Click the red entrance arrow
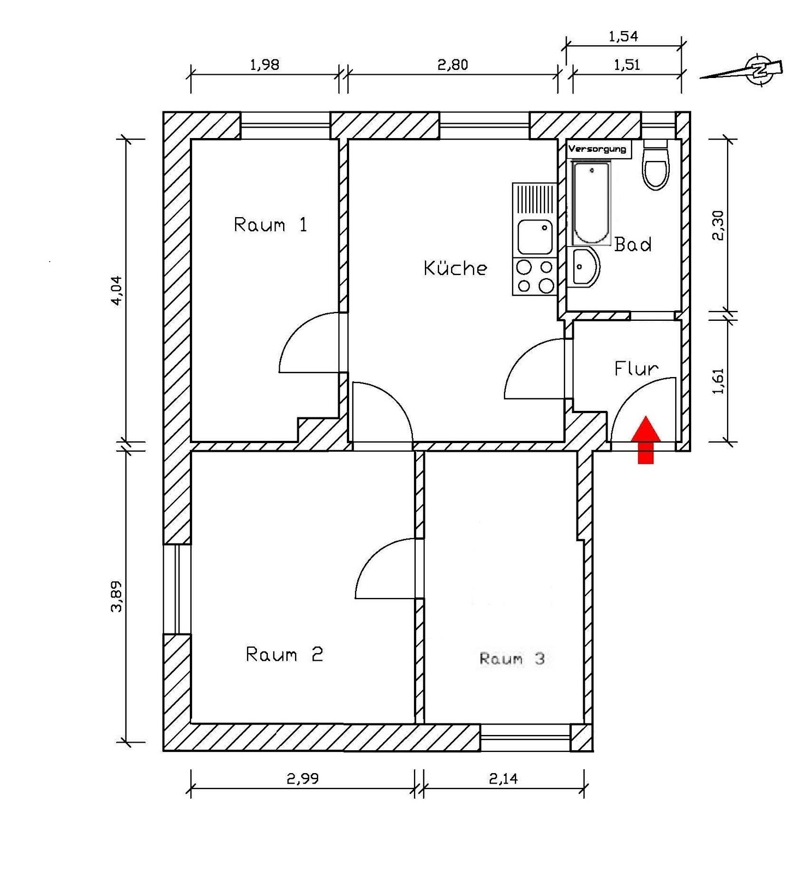pos(646,439)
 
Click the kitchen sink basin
pos(535,236)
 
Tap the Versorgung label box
pos(598,149)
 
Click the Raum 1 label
pos(271,225)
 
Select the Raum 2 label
pos(284,654)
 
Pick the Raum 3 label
pos(512,659)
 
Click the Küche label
pos(455,268)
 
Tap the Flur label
pos(636,369)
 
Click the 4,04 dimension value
pos(117,290)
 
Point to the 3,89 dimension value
pos(117,596)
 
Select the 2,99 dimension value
pos(303,779)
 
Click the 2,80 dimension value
pos(453,65)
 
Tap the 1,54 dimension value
pos(623,37)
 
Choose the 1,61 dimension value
pos(718,381)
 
